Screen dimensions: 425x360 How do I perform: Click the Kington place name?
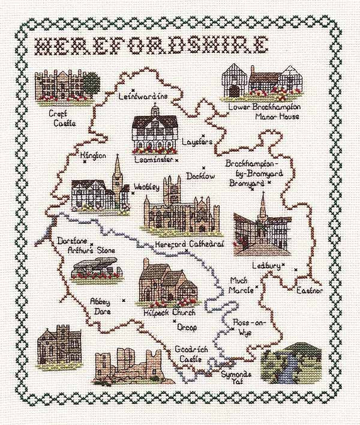[93, 157]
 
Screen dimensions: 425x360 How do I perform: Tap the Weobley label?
[147, 187]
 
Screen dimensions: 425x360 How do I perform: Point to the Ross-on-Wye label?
[248, 328]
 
